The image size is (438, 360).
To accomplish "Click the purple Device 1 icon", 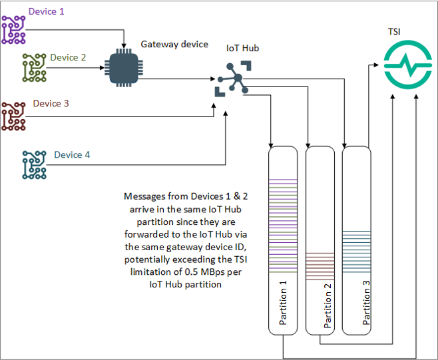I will [13, 29].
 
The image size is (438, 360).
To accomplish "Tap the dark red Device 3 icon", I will [13, 115].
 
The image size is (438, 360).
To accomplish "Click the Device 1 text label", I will [47, 12].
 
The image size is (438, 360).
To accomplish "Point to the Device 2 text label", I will [68, 57].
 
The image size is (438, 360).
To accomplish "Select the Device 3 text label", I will [51, 103].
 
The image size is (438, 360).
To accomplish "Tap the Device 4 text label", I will [72, 155].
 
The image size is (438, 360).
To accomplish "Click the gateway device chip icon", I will [122, 67].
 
